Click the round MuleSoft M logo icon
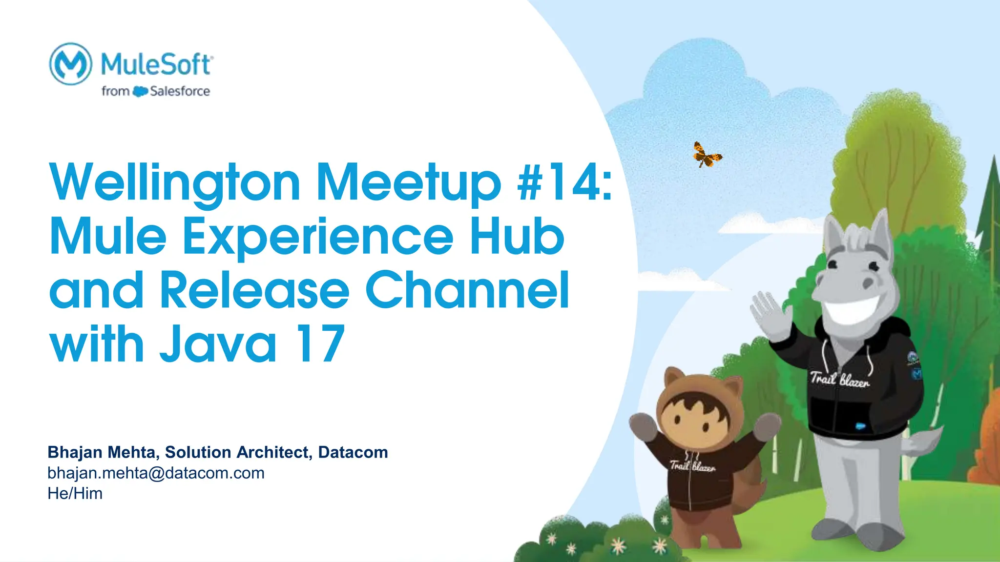tap(71, 64)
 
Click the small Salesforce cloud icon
tap(140, 91)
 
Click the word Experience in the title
tap(317, 237)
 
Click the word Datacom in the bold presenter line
tap(353, 452)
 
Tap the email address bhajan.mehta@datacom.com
tap(156, 473)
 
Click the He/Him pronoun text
tap(75, 493)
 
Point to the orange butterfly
tap(706, 154)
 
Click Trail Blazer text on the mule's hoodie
tap(840, 379)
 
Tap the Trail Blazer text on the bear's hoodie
tap(693, 466)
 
